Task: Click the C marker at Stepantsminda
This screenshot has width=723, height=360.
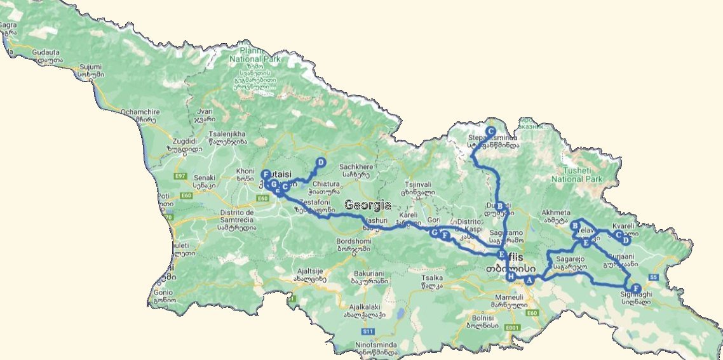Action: pos(490,131)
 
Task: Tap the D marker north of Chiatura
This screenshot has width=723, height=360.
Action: pos(321,163)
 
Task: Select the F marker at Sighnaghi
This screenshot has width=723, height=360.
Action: pos(636,289)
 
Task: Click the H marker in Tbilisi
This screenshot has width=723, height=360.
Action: pos(510,277)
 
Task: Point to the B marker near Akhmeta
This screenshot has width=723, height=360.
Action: pos(575,225)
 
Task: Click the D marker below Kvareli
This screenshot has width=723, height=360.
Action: pos(626,241)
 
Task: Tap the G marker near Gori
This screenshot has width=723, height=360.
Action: pos(435,233)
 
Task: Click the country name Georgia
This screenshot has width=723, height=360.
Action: pos(368,205)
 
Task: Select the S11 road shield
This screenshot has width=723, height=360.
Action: pos(367,331)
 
